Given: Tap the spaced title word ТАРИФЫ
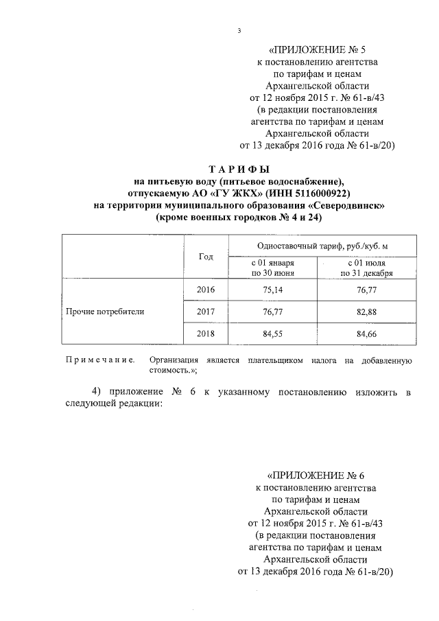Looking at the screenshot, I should coord(238,168).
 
